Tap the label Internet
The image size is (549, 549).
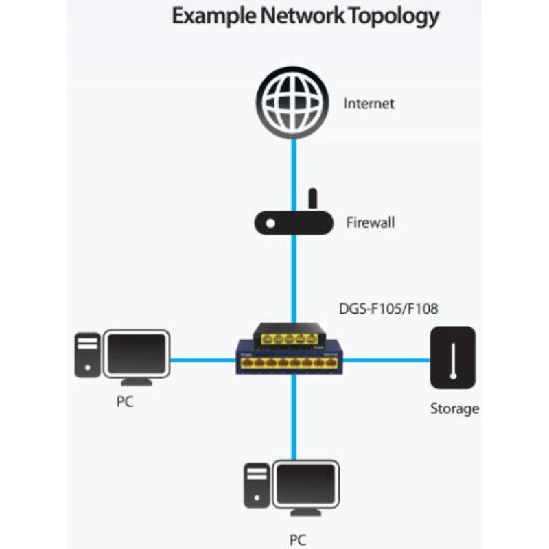pos(369,104)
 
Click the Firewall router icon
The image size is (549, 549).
pos(292,223)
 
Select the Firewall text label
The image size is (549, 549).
pos(370,223)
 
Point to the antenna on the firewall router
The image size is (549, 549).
pos(312,199)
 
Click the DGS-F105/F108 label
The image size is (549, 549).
pos(388,309)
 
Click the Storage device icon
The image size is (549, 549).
pos(453,358)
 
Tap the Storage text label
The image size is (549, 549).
pos(454,409)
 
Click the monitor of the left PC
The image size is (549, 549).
pos(136,354)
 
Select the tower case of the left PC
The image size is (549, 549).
pos(87,355)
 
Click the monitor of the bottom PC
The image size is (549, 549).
pos(306,484)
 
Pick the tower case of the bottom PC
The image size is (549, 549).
pos(257,486)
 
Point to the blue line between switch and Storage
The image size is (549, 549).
pos(384,359)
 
